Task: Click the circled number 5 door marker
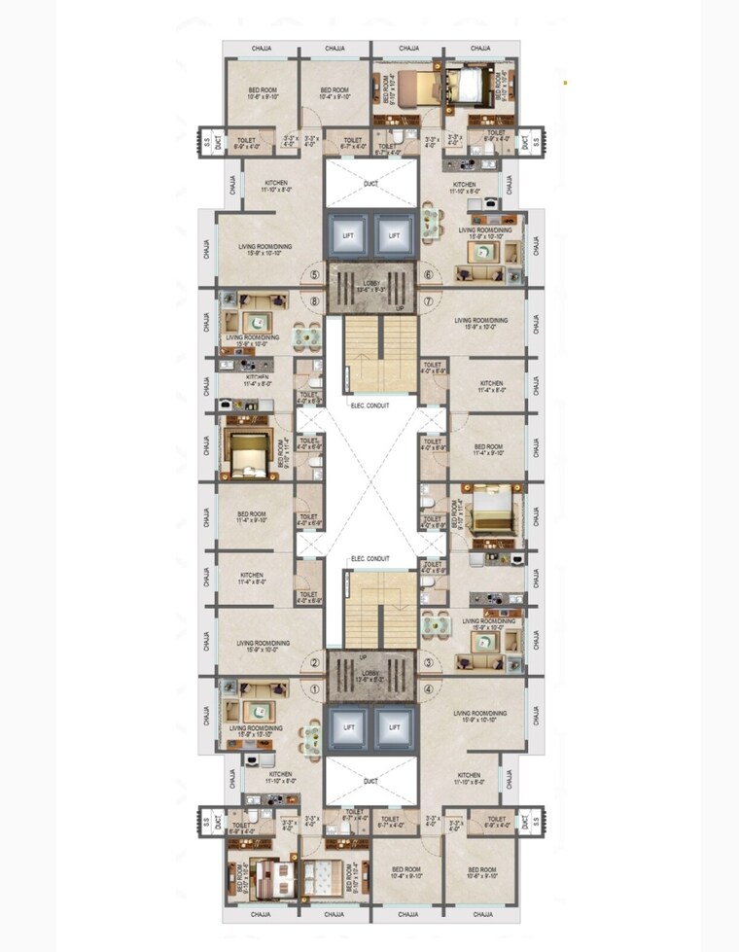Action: [x=315, y=275]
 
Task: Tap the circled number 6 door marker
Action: [x=429, y=275]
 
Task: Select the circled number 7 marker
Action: [x=428, y=301]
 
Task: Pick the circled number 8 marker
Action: [x=315, y=301]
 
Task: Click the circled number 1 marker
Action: [x=315, y=690]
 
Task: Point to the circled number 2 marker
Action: [x=315, y=664]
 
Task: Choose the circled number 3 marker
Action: [x=429, y=664]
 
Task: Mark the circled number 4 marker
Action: [x=429, y=690]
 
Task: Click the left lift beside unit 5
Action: [x=348, y=236]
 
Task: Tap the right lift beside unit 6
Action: [x=394, y=236]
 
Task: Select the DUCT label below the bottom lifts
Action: [x=370, y=781]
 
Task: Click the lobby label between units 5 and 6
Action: [x=370, y=288]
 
